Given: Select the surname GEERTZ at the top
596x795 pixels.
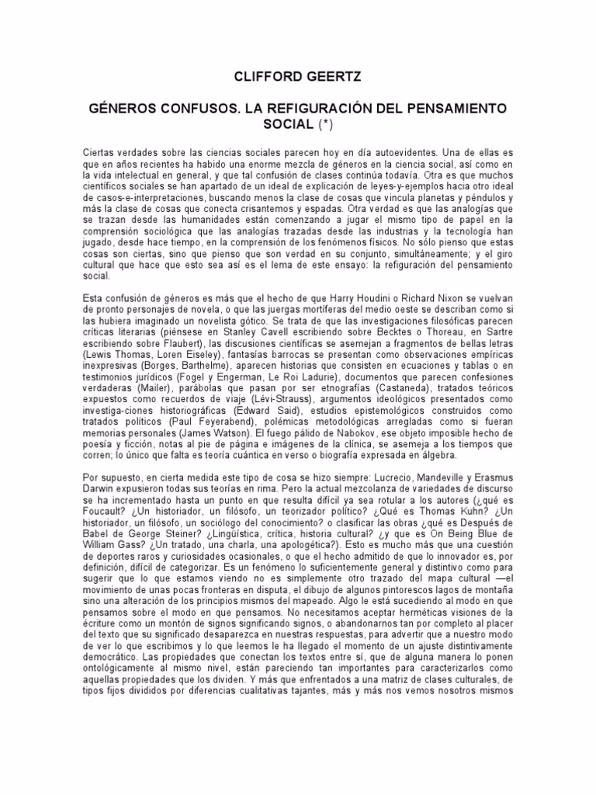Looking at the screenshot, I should coord(332,77).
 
